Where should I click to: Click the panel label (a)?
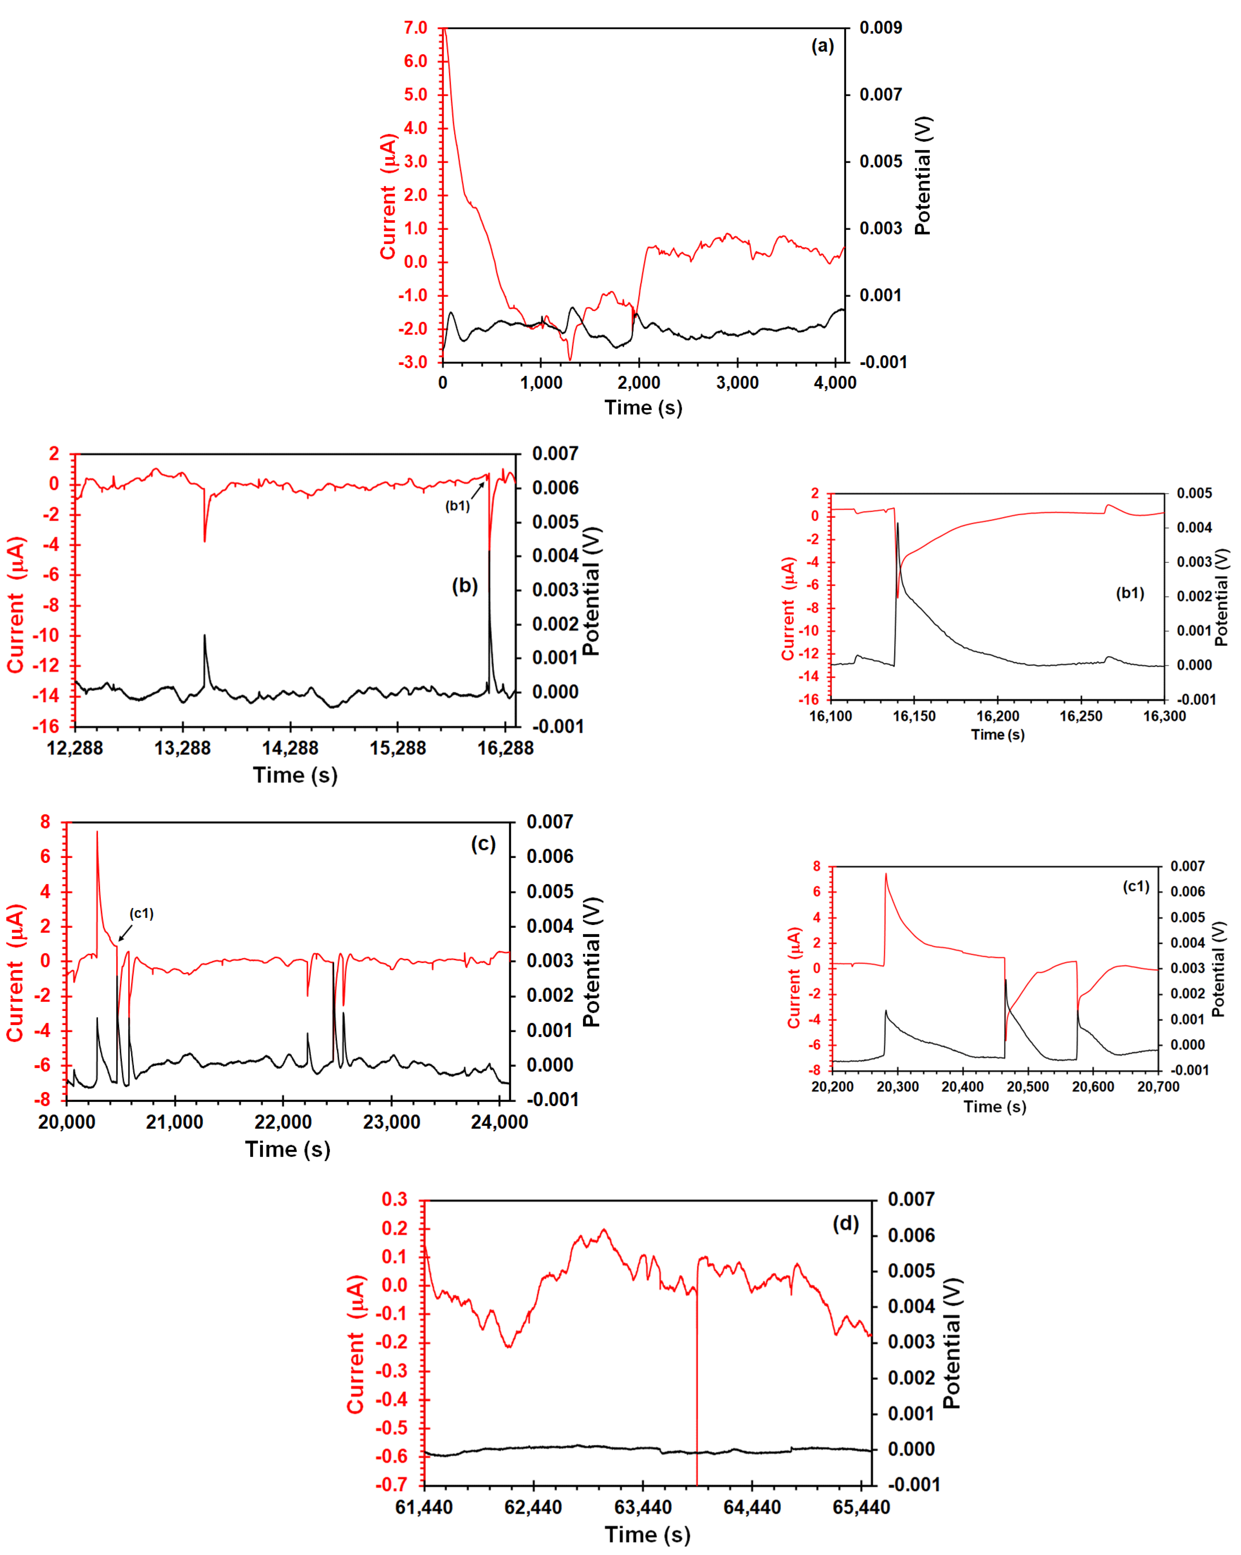[822, 46]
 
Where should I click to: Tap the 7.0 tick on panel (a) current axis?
[415, 28]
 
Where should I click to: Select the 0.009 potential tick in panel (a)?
[880, 28]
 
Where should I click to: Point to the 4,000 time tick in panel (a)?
[835, 383]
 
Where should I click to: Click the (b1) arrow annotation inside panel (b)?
[457, 505]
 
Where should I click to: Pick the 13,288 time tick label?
[182, 748]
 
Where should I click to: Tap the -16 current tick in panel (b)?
[46, 726]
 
